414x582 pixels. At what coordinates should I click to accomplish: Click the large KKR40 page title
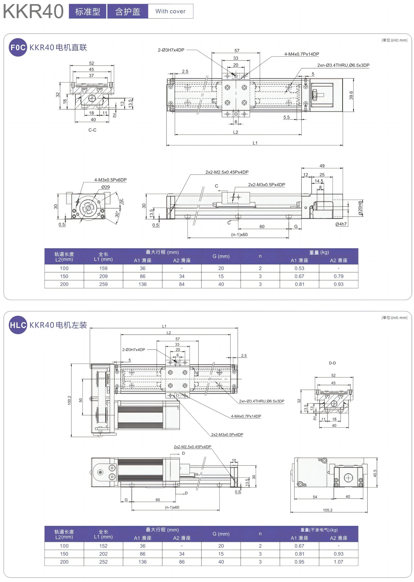click(33, 11)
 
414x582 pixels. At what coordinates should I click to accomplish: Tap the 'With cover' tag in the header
click(170, 11)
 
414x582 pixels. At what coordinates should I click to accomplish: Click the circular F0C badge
click(18, 47)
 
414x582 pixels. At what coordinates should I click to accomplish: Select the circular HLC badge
click(18, 325)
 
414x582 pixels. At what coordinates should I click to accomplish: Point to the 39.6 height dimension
click(351, 95)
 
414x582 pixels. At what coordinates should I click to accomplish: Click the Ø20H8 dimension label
click(360, 208)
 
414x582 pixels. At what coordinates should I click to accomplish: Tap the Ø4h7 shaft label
click(341, 224)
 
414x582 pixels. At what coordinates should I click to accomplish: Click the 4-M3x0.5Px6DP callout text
click(110, 180)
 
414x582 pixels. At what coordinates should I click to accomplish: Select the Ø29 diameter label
click(106, 187)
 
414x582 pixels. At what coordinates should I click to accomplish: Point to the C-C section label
click(92, 130)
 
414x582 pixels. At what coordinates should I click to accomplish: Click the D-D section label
click(332, 363)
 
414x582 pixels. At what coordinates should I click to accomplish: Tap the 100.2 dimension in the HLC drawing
click(69, 400)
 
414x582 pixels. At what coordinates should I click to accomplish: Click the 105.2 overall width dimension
click(328, 510)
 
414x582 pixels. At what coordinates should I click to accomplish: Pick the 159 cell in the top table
click(103, 268)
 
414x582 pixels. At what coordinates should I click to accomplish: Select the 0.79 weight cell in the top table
click(338, 276)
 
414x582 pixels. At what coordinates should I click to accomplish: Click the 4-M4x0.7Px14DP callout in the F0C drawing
click(302, 54)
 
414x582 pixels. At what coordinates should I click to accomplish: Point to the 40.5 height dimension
click(375, 473)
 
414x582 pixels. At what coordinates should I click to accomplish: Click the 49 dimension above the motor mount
click(322, 166)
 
